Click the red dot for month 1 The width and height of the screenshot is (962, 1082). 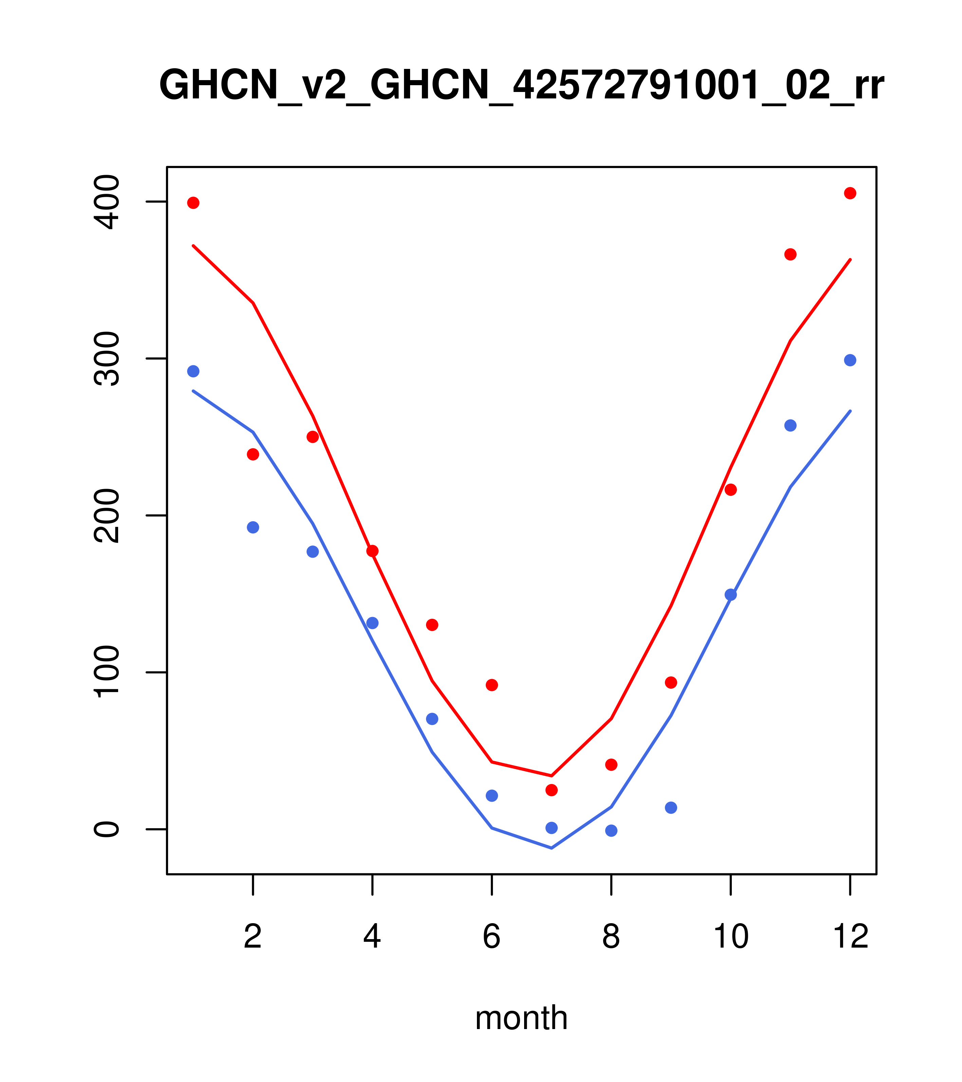[193, 203]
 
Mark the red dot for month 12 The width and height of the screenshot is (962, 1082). [850, 193]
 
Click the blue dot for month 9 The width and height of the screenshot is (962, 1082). [671, 808]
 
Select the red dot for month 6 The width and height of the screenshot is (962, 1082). [492, 685]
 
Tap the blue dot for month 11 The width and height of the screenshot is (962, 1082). [791, 426]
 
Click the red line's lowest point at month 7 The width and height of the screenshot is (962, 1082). [552, 776]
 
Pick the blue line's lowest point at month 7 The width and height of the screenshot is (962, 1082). [552, 848]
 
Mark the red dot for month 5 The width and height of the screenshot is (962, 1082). [432, 625]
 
